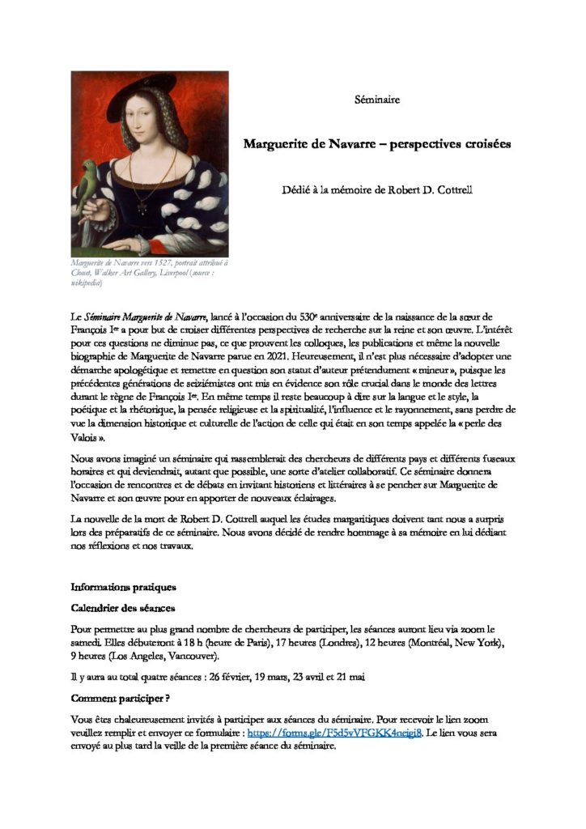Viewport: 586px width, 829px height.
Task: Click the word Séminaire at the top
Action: tap(376, 100)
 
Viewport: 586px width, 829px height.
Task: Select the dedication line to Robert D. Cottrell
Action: tap(378, 191)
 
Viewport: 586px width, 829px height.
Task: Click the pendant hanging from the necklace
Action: tap(142, 208)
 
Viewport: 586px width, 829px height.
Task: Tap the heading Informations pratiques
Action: tap(123, 586)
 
